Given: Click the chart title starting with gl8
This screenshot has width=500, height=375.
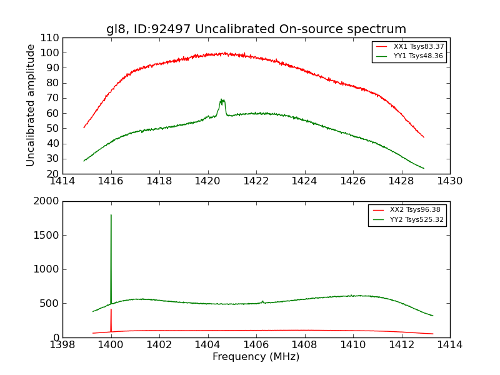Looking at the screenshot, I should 256,29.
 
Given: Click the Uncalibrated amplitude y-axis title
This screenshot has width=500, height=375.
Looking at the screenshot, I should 31,105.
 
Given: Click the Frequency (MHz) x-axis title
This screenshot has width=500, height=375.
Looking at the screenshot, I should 256,357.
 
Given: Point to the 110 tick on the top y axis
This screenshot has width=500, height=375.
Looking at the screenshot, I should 51,37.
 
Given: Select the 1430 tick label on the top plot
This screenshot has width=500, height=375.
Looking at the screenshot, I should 449,181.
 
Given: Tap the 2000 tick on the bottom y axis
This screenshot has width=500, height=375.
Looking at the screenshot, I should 47,201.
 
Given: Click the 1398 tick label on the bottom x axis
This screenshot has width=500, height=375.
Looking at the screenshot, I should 62,345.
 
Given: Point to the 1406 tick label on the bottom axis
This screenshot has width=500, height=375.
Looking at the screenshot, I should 256,345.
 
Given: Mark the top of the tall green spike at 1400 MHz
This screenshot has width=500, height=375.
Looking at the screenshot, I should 111,215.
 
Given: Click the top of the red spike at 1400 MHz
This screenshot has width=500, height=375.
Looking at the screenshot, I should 111,309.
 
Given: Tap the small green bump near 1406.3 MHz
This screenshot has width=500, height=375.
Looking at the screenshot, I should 262,301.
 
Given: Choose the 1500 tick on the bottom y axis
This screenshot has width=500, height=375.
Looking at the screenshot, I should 47,235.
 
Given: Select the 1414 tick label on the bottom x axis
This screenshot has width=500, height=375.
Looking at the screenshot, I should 449,345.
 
